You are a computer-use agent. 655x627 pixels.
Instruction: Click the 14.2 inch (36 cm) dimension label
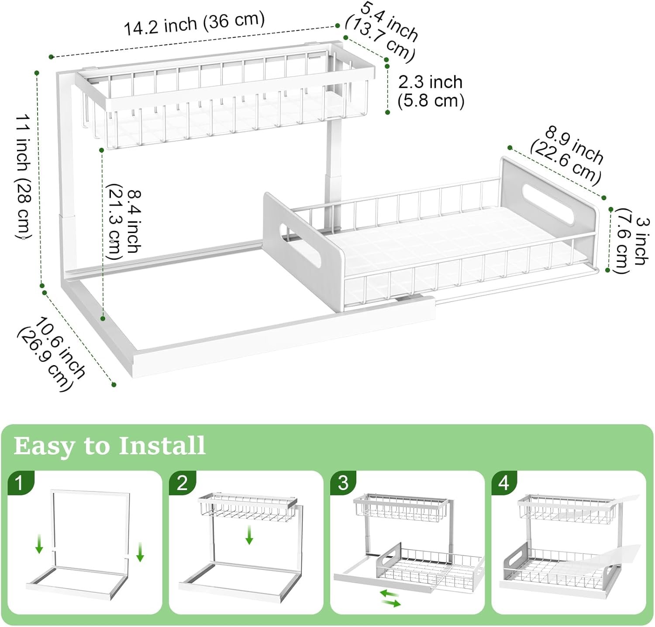pos(194,24)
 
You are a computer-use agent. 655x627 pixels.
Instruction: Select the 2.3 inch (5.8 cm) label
pos(431,91)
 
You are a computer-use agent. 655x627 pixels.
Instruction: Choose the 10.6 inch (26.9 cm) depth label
pos(52,354)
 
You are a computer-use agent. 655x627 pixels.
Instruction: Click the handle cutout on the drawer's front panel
pos(300,246)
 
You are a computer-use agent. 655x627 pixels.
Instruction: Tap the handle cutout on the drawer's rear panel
pos(548,204)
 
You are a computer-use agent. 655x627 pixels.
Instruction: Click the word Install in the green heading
pos(162,446)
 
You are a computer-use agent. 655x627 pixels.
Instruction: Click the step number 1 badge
pos(19,483)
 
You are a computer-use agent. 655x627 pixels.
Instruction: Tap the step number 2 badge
pos(182,483)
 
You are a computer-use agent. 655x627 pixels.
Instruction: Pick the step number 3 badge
pos(343,483)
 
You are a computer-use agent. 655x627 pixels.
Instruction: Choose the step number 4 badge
pos(503,483)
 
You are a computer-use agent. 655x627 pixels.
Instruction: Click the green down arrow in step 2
pos(249,535)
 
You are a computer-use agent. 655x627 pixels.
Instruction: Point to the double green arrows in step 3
pos(390,598)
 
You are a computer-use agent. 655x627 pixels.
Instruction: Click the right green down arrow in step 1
pos(140,552)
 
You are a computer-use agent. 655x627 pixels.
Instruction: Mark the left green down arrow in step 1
pos(39,545)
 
